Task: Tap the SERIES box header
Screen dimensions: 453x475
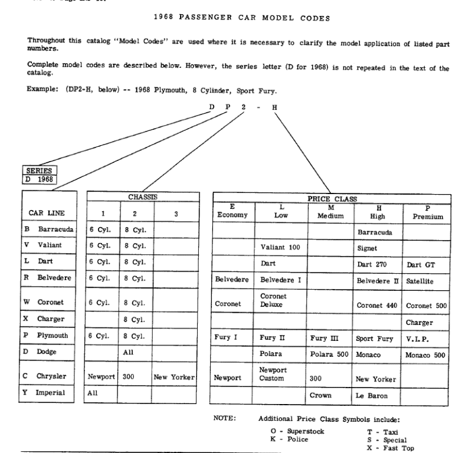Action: click(38, 170)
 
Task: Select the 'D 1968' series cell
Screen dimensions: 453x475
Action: click(39, 179)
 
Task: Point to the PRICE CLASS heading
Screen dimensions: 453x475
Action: click(332, 199)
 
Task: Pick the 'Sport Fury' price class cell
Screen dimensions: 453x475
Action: click(374, 339)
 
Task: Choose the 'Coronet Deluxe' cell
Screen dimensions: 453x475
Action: click(273, 301)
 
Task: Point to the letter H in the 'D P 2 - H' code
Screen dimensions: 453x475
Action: click(274, 107)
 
